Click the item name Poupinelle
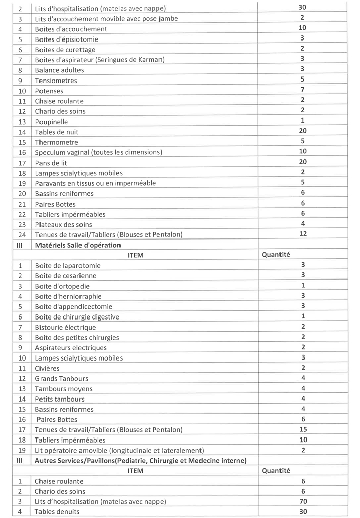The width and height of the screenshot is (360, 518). (51, 122)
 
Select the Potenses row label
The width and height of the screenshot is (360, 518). (49, 91)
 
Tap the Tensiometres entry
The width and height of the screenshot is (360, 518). (56, 81)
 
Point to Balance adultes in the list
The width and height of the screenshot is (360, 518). (59, 70)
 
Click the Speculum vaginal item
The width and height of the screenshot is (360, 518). (98, 152)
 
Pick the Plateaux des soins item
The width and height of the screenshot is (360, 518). (63, 224)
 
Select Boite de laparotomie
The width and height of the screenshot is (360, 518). (68, 266)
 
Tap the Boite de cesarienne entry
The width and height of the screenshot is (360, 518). (65, 276)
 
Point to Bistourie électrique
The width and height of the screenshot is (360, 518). (65, 327)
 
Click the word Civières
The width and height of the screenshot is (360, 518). (47, 368)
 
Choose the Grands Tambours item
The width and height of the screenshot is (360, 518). (61, 378)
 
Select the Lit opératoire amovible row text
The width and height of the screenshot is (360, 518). (119, 450)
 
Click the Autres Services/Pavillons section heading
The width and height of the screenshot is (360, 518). (140, 460)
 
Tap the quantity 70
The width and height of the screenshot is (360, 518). (302, 501)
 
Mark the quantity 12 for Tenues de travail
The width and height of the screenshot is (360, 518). (302, 234)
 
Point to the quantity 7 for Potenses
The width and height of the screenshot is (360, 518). (302, 90)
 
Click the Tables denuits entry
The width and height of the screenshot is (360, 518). (57, 511)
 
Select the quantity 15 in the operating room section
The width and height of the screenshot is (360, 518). (302, 429)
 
